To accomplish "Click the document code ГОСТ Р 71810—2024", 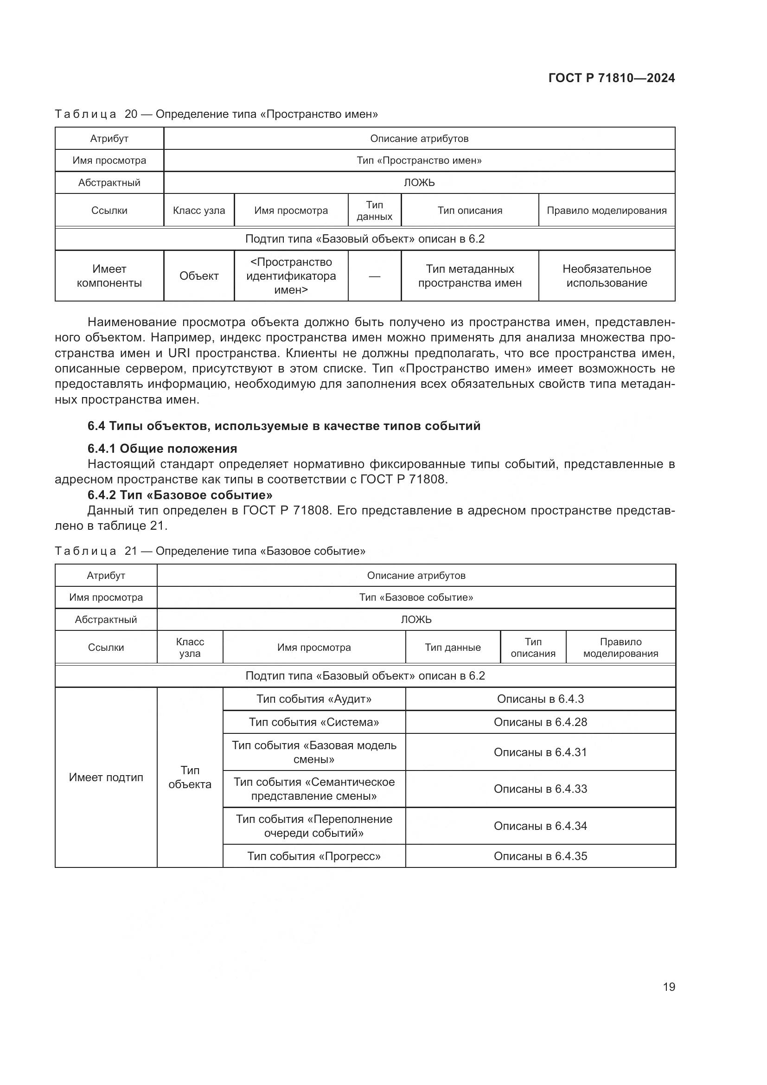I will (x=612, y=78).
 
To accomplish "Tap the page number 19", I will (x=669, y=987).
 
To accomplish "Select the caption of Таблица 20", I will (x=216, y=115).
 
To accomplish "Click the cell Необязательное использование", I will (x=607, y=276).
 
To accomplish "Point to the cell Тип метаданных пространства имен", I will (x=469, y=276).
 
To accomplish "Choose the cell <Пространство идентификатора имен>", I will (x=291, y=276).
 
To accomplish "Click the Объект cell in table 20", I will (x=199, y=276).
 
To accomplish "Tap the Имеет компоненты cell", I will (x=109, y=276).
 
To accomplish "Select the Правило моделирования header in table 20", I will (x=607, y=211).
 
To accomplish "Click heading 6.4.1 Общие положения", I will (x=162, y=449).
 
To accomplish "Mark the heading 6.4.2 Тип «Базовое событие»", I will (x=179, y=495).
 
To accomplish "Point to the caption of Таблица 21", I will (x=210, y=551).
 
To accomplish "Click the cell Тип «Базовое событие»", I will (x=415, y=597).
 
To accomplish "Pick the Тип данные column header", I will (x=453, y=648).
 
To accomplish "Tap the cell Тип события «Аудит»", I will (x=313, y=699).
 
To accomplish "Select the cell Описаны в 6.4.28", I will (x=540, y=722).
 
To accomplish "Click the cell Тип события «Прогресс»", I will (x=313, y=856).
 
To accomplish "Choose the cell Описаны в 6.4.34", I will (x=540, y=826).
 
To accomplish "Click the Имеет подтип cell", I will (x=106, y=777).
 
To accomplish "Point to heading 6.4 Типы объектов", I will (x=283, y=426).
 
